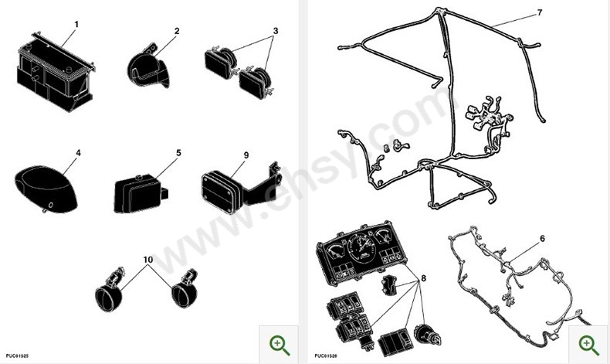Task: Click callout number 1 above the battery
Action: (76, 24)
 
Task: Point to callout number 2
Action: (177, 31)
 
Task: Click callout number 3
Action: (275, 31)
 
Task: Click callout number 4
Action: (78, 153)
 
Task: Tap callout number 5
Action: (178, 153)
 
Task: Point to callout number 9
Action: (246, 155)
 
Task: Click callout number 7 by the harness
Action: (539, 13)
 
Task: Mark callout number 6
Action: (542, 239)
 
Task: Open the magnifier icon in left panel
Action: (279, 345)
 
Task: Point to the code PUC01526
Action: (325, 356)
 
